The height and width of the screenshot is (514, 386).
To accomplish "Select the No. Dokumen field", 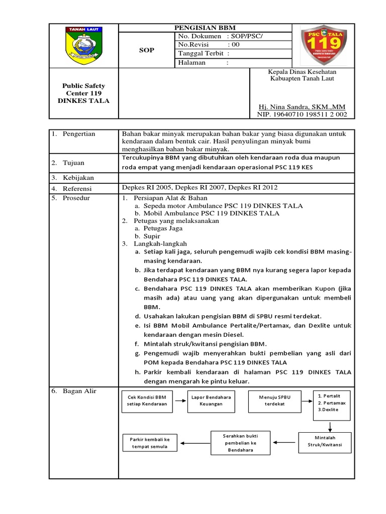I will click(232, 36).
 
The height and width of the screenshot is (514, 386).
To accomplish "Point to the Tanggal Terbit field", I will click(232, 53).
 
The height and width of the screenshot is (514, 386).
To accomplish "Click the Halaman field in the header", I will click(232, 63).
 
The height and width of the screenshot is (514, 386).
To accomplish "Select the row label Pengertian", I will click(78, 134).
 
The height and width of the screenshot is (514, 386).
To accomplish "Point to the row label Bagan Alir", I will click(79, 391).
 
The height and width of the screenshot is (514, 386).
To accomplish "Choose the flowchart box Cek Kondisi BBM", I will click(147, 401).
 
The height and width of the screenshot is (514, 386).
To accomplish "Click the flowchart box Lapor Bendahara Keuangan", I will click(211, 401).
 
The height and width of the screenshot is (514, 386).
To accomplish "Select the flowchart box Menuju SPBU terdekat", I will click(275, 401).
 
